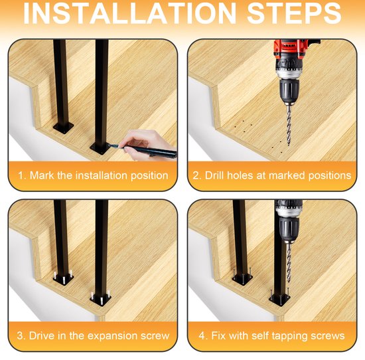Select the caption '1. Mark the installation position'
(92, 175)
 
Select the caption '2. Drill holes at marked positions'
(271, 175)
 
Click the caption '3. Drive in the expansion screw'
(92, 335)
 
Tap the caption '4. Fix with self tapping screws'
(271, 335)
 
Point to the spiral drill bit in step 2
(287, 123)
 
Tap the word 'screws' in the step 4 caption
(327, 335)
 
